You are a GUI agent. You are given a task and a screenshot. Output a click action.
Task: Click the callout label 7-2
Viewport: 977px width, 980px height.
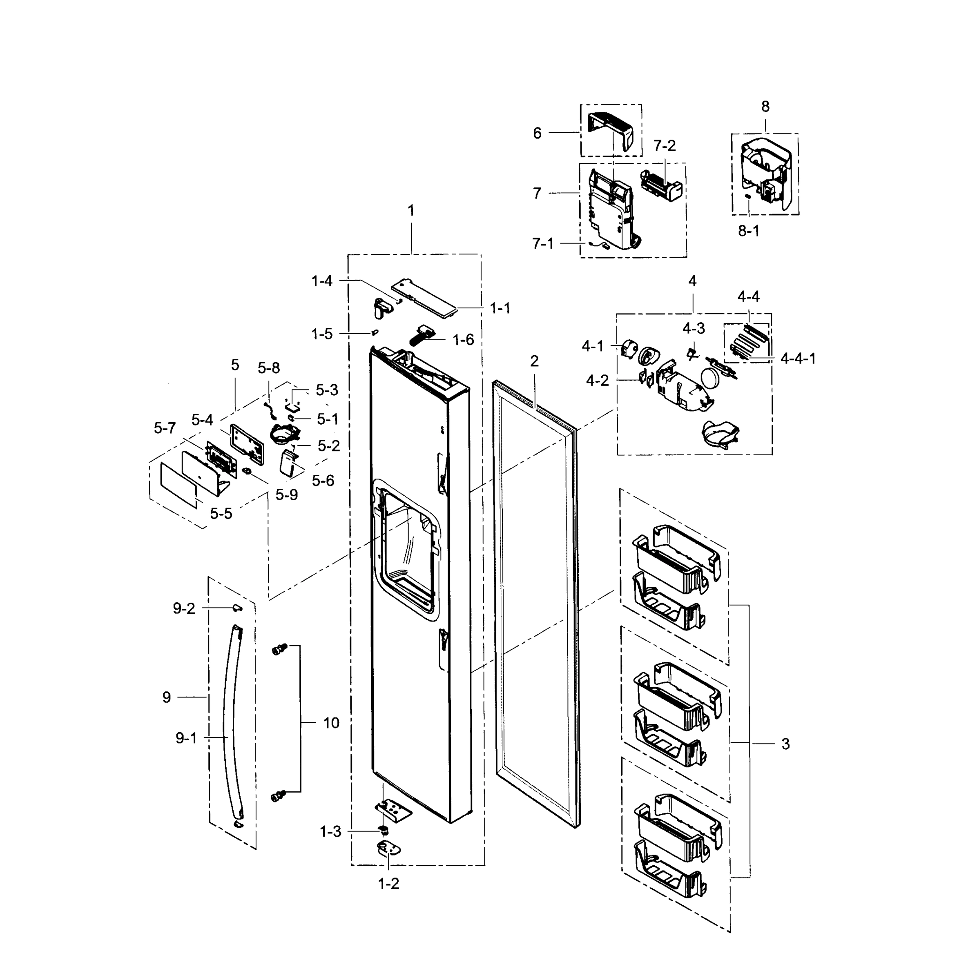664,146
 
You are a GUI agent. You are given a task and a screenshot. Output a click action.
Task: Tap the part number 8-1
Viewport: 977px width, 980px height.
748,231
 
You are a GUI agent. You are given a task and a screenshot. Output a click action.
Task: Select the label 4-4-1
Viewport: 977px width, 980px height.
798,359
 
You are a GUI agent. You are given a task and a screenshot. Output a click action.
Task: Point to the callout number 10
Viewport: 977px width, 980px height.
331,723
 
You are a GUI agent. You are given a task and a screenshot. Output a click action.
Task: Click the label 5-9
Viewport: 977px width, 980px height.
287,495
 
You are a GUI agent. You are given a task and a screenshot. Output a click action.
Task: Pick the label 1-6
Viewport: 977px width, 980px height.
463,340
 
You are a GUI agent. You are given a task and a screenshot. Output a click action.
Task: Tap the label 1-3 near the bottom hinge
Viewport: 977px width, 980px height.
330,832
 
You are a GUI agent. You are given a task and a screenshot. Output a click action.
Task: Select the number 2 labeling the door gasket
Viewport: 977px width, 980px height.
534,361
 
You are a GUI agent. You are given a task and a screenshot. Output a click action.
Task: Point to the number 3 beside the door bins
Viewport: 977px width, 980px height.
785,744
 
